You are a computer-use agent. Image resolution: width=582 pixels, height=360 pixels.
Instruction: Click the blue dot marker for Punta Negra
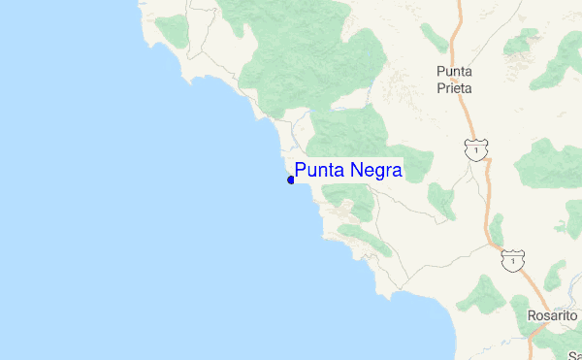291,180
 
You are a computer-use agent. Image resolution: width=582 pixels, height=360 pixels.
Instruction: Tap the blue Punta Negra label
347,171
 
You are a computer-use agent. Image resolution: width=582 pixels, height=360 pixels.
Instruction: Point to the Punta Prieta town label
454,80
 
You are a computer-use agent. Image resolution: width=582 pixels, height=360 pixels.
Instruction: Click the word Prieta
454,87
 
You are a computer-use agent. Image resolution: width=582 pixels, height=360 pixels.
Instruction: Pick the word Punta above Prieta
454,71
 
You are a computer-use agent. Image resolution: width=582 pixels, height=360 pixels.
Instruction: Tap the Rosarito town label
552,316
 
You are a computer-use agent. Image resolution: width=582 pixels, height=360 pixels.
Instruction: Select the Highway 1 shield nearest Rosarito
513,260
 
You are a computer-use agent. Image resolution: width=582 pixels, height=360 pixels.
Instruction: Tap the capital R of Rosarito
532,316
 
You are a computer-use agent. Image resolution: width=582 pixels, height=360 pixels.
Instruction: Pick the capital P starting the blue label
301,171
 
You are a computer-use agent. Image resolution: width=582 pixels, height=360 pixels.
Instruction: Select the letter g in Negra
378,173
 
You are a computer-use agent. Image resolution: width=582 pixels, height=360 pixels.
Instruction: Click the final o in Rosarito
573,316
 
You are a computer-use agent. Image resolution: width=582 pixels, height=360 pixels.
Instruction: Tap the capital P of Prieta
440,87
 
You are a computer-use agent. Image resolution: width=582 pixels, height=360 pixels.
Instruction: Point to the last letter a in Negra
397,172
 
